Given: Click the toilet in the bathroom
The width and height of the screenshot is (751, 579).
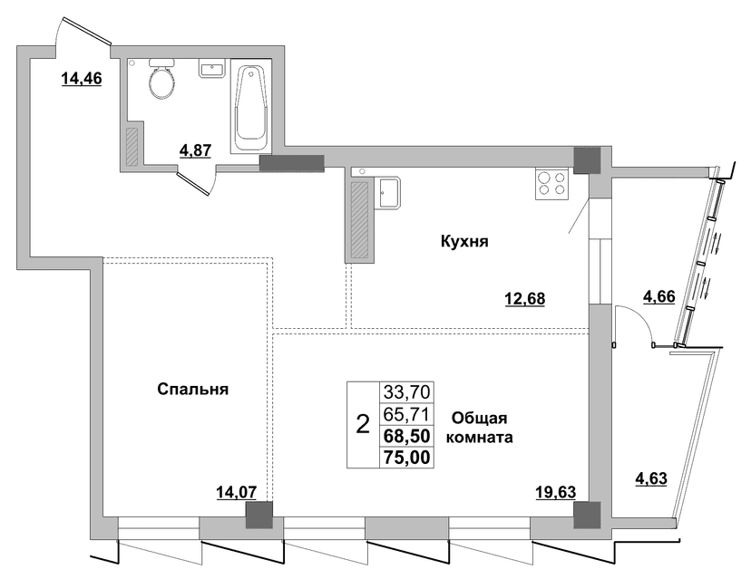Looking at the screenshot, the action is click(x=161, y=79).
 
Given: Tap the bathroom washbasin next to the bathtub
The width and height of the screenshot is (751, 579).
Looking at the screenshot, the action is click(x=211, y=70).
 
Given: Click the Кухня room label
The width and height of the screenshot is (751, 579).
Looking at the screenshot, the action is click(x=464, y=242).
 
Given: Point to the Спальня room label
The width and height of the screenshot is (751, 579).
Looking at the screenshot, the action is click(x=193, y=390).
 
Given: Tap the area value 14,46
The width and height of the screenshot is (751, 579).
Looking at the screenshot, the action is click(x=82, y=78).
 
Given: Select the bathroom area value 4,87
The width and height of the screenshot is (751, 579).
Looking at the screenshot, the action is click(x=195, y=150).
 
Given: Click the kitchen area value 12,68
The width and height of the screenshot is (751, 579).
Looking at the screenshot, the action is click(x=525, y=299).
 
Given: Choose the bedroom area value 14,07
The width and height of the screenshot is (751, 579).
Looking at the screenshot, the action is click(x=236, y=491).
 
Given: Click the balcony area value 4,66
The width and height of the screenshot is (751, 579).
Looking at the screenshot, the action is click(x=658, y=296).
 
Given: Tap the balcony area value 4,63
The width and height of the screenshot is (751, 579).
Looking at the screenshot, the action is click(x=651, y=478).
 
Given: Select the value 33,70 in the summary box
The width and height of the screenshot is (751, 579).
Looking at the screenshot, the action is click(x=407, y=392).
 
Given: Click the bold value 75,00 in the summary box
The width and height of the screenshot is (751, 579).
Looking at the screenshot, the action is click(x=407, y=458).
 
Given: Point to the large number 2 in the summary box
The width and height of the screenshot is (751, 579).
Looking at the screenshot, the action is click(x=364, y=424).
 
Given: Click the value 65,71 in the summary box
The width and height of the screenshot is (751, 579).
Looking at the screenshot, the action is click(x=407, y=414).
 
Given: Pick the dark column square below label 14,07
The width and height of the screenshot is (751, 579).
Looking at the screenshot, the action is click(x=259, y=515).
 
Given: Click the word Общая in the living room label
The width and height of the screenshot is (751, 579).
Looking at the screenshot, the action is click(x=480, y=419).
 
